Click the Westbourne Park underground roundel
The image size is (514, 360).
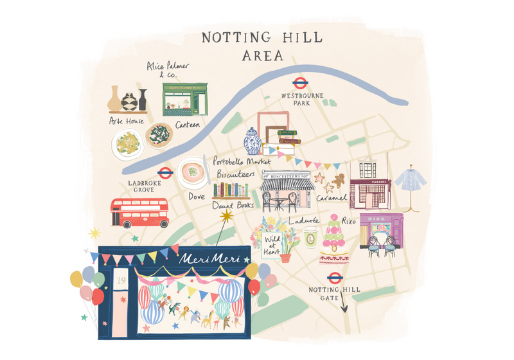[299, 83]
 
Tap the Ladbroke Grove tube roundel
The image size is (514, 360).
[165, 172]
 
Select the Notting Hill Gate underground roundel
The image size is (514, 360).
[334, 278]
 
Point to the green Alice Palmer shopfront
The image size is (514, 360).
[185, 98]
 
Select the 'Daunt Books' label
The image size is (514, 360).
[233, 206]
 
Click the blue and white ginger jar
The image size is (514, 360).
[252, 141]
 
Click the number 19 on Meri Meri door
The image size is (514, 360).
[120, 281]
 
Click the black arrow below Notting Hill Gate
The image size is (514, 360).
[344, 307]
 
